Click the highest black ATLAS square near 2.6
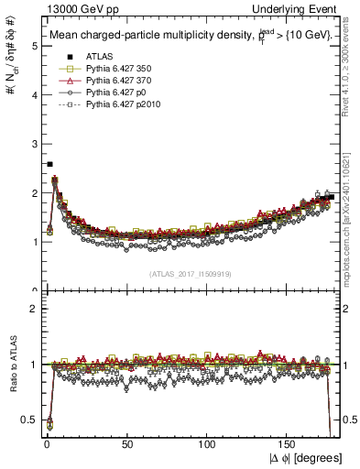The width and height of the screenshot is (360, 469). click(x=49, y=164)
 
